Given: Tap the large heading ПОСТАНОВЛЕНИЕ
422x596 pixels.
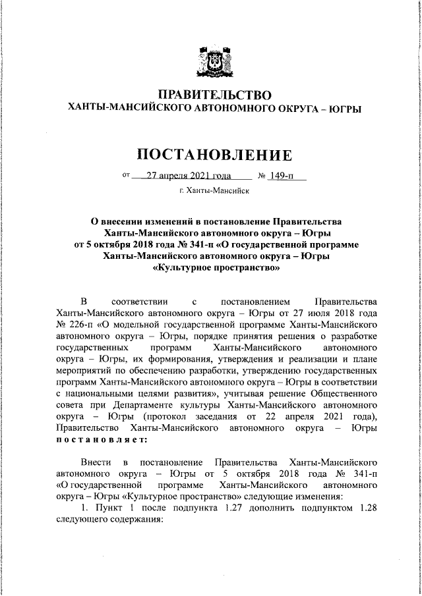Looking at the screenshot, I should coord(214,155).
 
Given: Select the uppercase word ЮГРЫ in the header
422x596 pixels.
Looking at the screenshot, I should coord(346,108).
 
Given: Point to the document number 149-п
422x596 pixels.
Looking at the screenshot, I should coord(285,176).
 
